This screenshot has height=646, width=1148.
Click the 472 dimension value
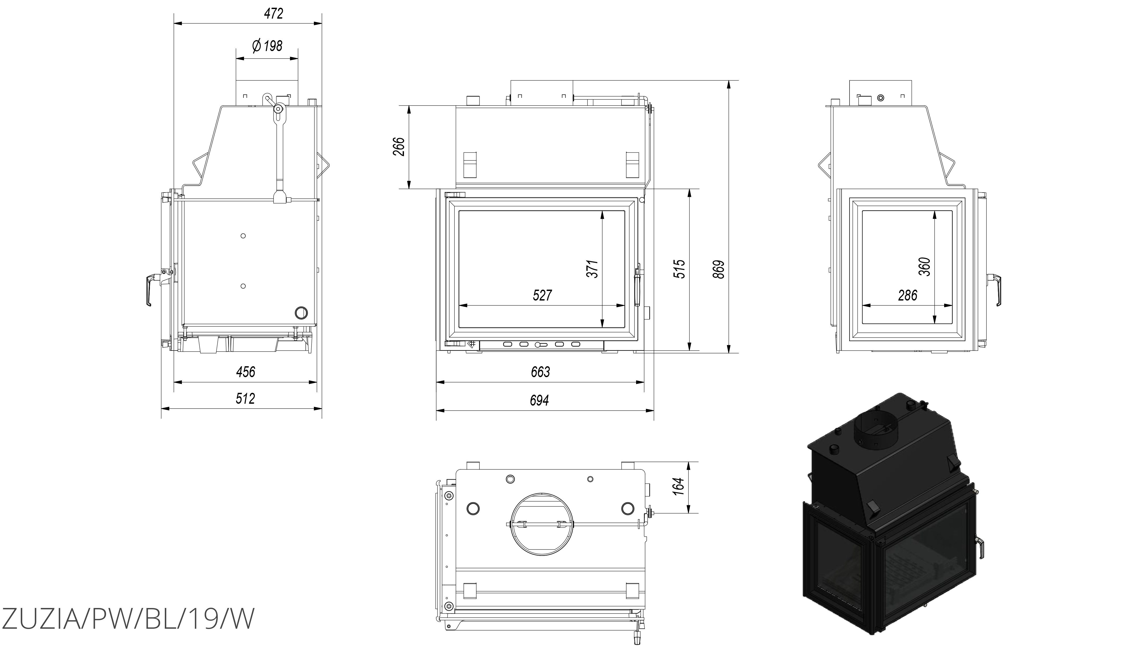pyautogui.click(x=273, y=14)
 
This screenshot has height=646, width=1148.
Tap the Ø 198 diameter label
pyautogui.click(x=267, y=46)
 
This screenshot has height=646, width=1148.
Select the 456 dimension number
pyautogui.click(x=246, y=372)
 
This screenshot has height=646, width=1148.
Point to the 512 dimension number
pyautogui.click(x=245, y=399)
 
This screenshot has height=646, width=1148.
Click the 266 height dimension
pyautogui.click(x=399, y=147)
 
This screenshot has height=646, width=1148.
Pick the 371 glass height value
pyautogui.click(x=592, y=269)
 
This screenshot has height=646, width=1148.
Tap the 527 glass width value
pyautogui.click(x=542, y=295)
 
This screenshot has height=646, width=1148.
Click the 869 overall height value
pyautogui.click(x=718, y=269)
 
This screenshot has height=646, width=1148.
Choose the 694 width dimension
pyautogui.click(x=539, y=400)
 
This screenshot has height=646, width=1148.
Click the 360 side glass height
pyautogui.click(x=925, y=266)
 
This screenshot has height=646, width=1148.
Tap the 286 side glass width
pyautogui.click(x=908, y=295)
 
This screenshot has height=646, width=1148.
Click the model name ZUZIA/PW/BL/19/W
pyautogui.click(x=128, y=618)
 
